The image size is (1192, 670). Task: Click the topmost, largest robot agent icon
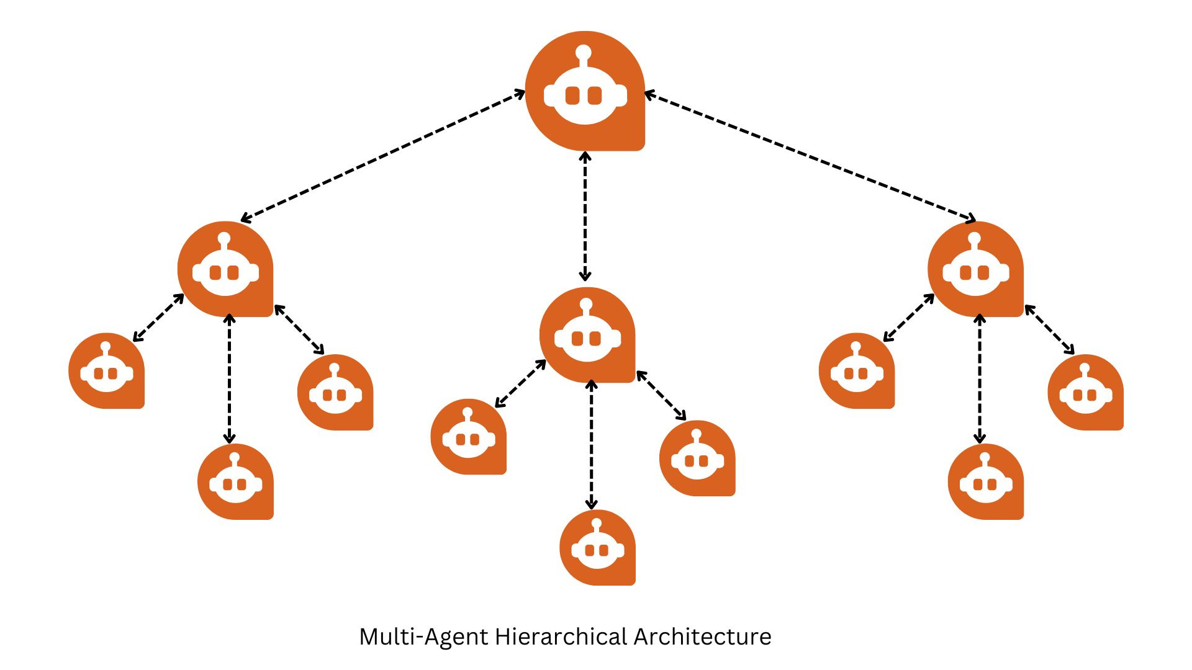tap(585, 91)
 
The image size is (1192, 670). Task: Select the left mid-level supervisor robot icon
tap(225, 269)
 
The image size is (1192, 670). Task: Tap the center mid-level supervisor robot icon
tap(587, 335)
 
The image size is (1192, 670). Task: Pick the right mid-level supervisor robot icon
tap(975, 269)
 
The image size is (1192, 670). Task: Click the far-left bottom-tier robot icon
tap(107, 371)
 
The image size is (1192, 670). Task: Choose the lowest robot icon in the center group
tap(597, 547)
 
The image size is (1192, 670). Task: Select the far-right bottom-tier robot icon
tap(1085, 392)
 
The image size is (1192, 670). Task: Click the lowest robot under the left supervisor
tap(235, 481)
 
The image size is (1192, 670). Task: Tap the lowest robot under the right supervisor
tap(986, 481)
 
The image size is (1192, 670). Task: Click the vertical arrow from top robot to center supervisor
tap(585, 216)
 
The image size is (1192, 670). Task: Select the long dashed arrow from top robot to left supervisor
tap(383, 156)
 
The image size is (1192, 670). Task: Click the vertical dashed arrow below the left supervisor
tap(230, 378)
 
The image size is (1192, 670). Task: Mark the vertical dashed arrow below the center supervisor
tap(592, 445)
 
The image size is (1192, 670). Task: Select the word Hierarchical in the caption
tap(561, 637)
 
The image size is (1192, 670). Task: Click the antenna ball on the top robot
tap(583, 51)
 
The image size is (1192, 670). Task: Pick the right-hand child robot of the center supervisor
tap(697, 458)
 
